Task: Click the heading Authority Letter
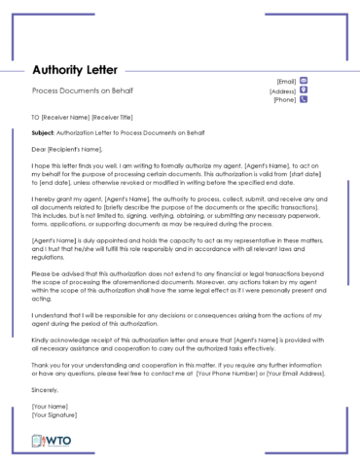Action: tap(75, 70)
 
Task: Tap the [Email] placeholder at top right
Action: tap(286, 81)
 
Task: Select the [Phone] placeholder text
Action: tap(284, 100)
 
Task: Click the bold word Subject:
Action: tap(43, 131)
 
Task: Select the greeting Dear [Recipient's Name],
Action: tap(67, 149)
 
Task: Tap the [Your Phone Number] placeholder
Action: tap(227, 375)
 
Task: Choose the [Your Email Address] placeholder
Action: tap(298, 375)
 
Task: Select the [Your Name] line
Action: tap(50, 406)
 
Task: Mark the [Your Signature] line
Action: tap(56, 414)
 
